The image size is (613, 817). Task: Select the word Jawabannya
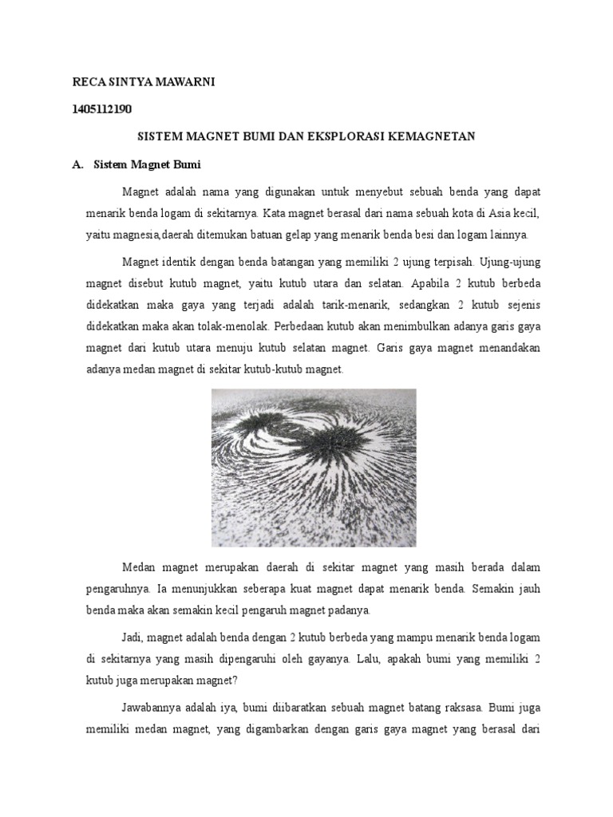152,708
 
